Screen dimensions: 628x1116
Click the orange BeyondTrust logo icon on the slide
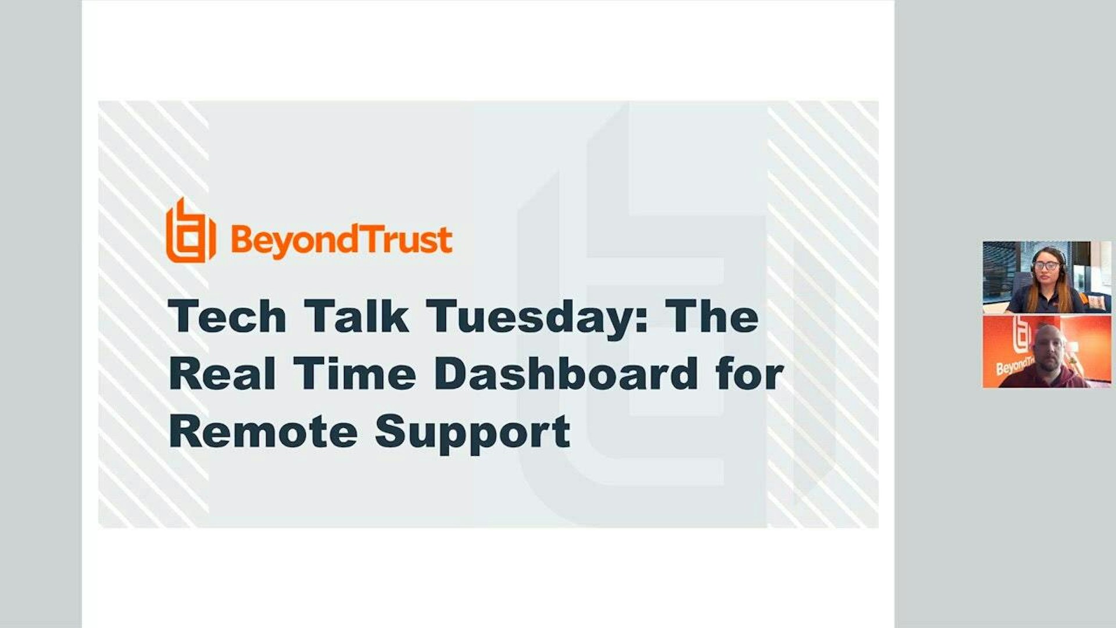click(191, 231)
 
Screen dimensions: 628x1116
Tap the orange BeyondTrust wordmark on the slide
click(342, 240)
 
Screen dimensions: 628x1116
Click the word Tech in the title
click(227, 317)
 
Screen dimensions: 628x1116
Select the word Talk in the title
click(356, 317)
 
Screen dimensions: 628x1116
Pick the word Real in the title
click(222, 374)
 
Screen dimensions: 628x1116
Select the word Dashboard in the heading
click(566, 374)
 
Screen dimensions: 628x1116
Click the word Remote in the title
click(263, 432)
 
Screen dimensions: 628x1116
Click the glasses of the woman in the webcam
click(1047, 266)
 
